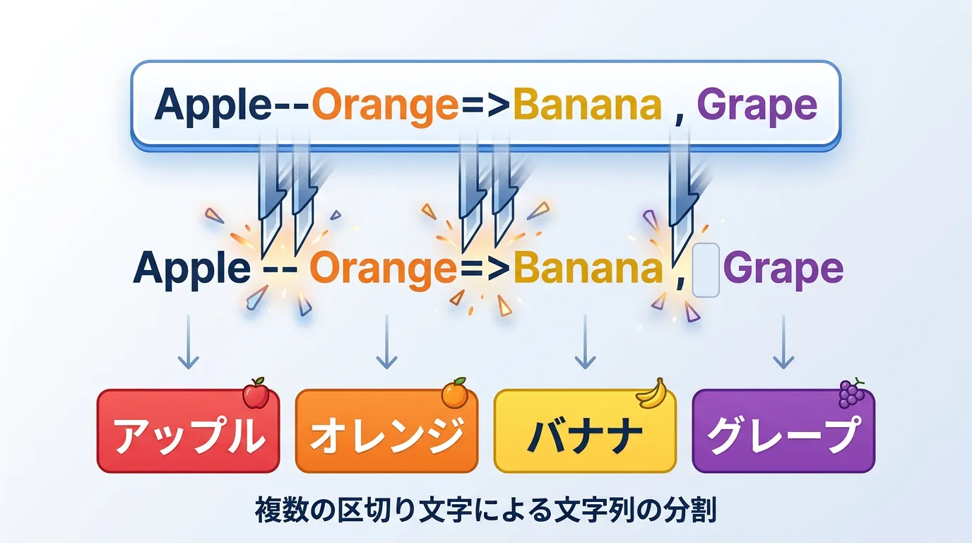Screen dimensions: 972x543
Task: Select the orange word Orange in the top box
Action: click(x=385, y=107)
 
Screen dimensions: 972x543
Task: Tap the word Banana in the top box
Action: click(x=587, y=104)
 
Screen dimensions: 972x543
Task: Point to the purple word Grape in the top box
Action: click(x=757, y=107)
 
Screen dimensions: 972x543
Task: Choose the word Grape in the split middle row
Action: click(x=783, y=270)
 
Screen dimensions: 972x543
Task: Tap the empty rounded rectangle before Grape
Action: click(x=706, y=270)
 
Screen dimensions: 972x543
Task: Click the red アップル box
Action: click(x=189, y=431)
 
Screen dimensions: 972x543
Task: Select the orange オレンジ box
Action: click(x=386, y=431)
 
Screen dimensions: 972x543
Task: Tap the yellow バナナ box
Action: click(x=585, y=431)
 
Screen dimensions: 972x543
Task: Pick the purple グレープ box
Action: click(x=783, y=431)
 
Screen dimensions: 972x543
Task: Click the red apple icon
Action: click(x=256, y=393)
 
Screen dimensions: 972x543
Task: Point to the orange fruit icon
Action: click(x=454, y=393)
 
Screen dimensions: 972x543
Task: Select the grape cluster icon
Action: click(x=851, y=393)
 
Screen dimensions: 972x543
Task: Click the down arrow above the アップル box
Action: click(x=189, y=342)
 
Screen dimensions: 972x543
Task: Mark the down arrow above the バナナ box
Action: click(x=585, y=342)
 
